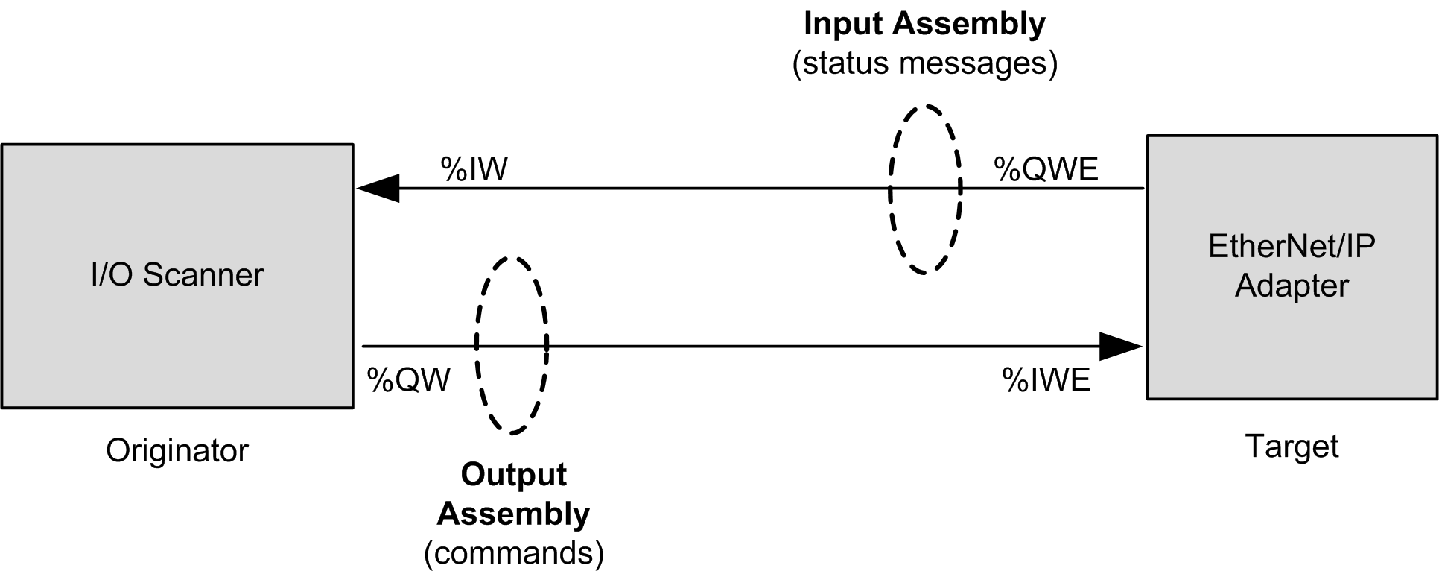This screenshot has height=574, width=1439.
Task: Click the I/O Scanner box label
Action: click(177, 275)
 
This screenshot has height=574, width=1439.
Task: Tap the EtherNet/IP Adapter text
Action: click(1292, 266)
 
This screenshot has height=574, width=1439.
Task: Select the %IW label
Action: click(474, 169)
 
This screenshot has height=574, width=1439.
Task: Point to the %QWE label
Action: click(1046, 170)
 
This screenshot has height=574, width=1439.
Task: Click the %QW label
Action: click(408, 380)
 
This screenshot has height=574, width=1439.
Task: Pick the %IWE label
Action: click(1046, 380)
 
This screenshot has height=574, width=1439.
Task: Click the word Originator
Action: click(177, 450)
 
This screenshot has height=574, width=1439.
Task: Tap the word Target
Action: click(1292, 446)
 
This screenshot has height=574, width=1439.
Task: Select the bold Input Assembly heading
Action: click(924, 24)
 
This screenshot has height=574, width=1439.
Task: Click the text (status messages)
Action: click(924, 63)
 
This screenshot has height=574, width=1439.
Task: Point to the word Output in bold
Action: click(513, 474)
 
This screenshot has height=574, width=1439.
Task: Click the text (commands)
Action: click(513, 553)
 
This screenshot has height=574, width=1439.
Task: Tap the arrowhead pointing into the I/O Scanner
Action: click(378, 189)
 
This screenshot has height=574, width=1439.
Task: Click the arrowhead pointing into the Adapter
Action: click(1121, 346)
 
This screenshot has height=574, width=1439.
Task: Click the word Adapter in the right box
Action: click(1292, 286)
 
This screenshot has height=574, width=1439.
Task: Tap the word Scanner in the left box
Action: click(203, 275)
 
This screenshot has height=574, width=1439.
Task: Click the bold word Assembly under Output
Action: click(513, 514)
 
